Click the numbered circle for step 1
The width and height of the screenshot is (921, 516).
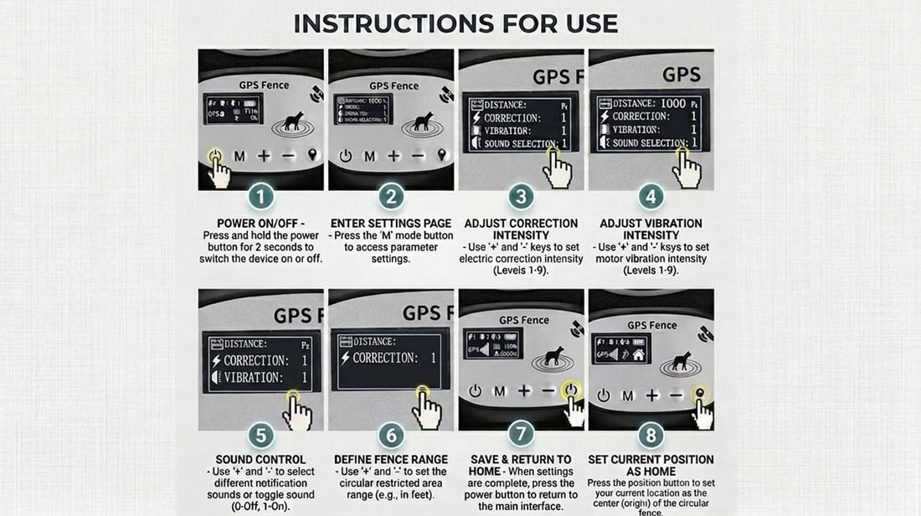coord(260,199)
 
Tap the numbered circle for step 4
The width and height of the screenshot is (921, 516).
coord(651,199)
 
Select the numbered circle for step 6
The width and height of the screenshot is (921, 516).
coord(390,436)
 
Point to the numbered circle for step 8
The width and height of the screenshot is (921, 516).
coord(651,436)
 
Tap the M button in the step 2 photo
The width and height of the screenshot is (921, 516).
coord(369,156)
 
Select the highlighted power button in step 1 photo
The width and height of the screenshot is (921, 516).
coord(215,156)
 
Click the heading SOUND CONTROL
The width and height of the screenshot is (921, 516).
coord(260,460)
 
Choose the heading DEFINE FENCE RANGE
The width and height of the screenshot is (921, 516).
coord(390,460)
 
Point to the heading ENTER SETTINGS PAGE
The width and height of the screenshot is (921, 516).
coord(390,224)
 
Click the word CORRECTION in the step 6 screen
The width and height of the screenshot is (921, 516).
coord(385,359)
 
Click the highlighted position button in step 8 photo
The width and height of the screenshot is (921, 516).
coord(698,393)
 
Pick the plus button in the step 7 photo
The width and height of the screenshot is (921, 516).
coord(524,391)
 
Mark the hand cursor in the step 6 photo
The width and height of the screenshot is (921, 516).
coord(428,410)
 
